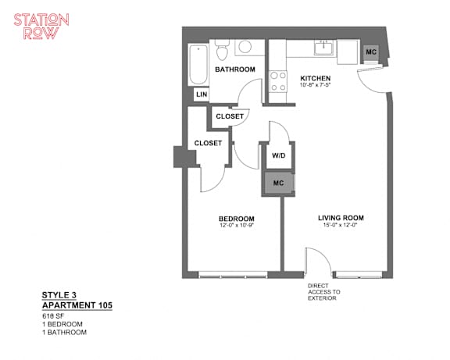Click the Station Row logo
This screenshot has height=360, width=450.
pyautogui.click(x=41, y=27)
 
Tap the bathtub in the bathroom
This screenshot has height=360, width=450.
pyautogui.click(x=198, y=65)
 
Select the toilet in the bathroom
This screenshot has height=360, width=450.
pyautogui.click(x=222, y=50)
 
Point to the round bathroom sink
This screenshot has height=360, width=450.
pyautogui.click(x=245, y=47)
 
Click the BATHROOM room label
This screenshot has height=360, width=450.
pyautogui.click(x=235, y=70)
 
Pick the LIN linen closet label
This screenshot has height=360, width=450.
pyautogui.click(x=202, y=94)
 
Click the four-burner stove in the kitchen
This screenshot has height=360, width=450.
pyautogui.click(x=278, y=81)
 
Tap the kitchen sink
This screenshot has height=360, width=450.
pyautogui.click(x=324, y=48)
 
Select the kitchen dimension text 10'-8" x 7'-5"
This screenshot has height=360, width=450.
pyautogui.click(x=315, y=85)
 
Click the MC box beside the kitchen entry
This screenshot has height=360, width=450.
pyautogui.click(x=371, y=52)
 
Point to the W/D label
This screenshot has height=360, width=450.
pyautogui.click(x=279, y=155)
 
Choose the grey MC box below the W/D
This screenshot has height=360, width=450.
pyautogui.click(x=278, y=183)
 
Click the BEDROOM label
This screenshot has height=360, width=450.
pyautogui.click(x=237, y=219)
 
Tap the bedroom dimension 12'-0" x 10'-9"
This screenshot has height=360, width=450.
pyautogui.click(x=237, y=226)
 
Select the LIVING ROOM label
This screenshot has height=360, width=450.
pyautogui.click(x=341, y=218)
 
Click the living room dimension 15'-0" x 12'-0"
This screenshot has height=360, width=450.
pyautogui.click(x=341, y=225)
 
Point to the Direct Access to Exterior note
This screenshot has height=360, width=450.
pyautogui.click(x=324, y=292)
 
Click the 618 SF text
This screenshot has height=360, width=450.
pyautogui.click(x=53, y=316)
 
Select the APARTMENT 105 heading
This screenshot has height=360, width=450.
pyautogui.click(x=77, y=305)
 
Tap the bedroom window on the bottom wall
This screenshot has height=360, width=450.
pyautogui.click(x=233, y=275)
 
